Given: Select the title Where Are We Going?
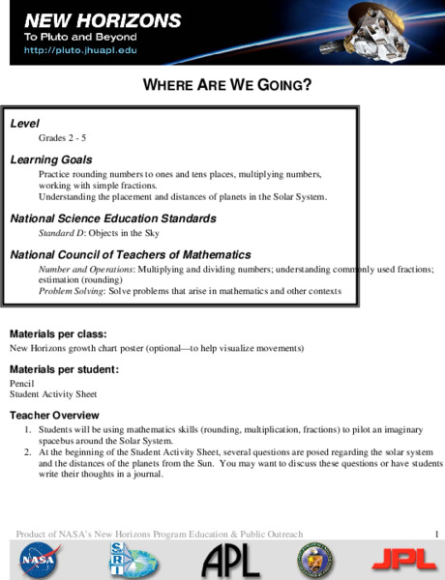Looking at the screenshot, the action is [227, 84].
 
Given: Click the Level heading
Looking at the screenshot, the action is [25, 125].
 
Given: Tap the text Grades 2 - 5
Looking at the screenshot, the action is [62, 139].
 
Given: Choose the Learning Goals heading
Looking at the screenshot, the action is [50, 159].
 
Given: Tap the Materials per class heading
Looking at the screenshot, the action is [57, 333].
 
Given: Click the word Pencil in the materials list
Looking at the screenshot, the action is [22, 384].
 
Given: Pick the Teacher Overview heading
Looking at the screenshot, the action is [49, 414].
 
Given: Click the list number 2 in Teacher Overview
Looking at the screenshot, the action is [28, 451].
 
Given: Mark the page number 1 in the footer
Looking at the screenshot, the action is [436, 535].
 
